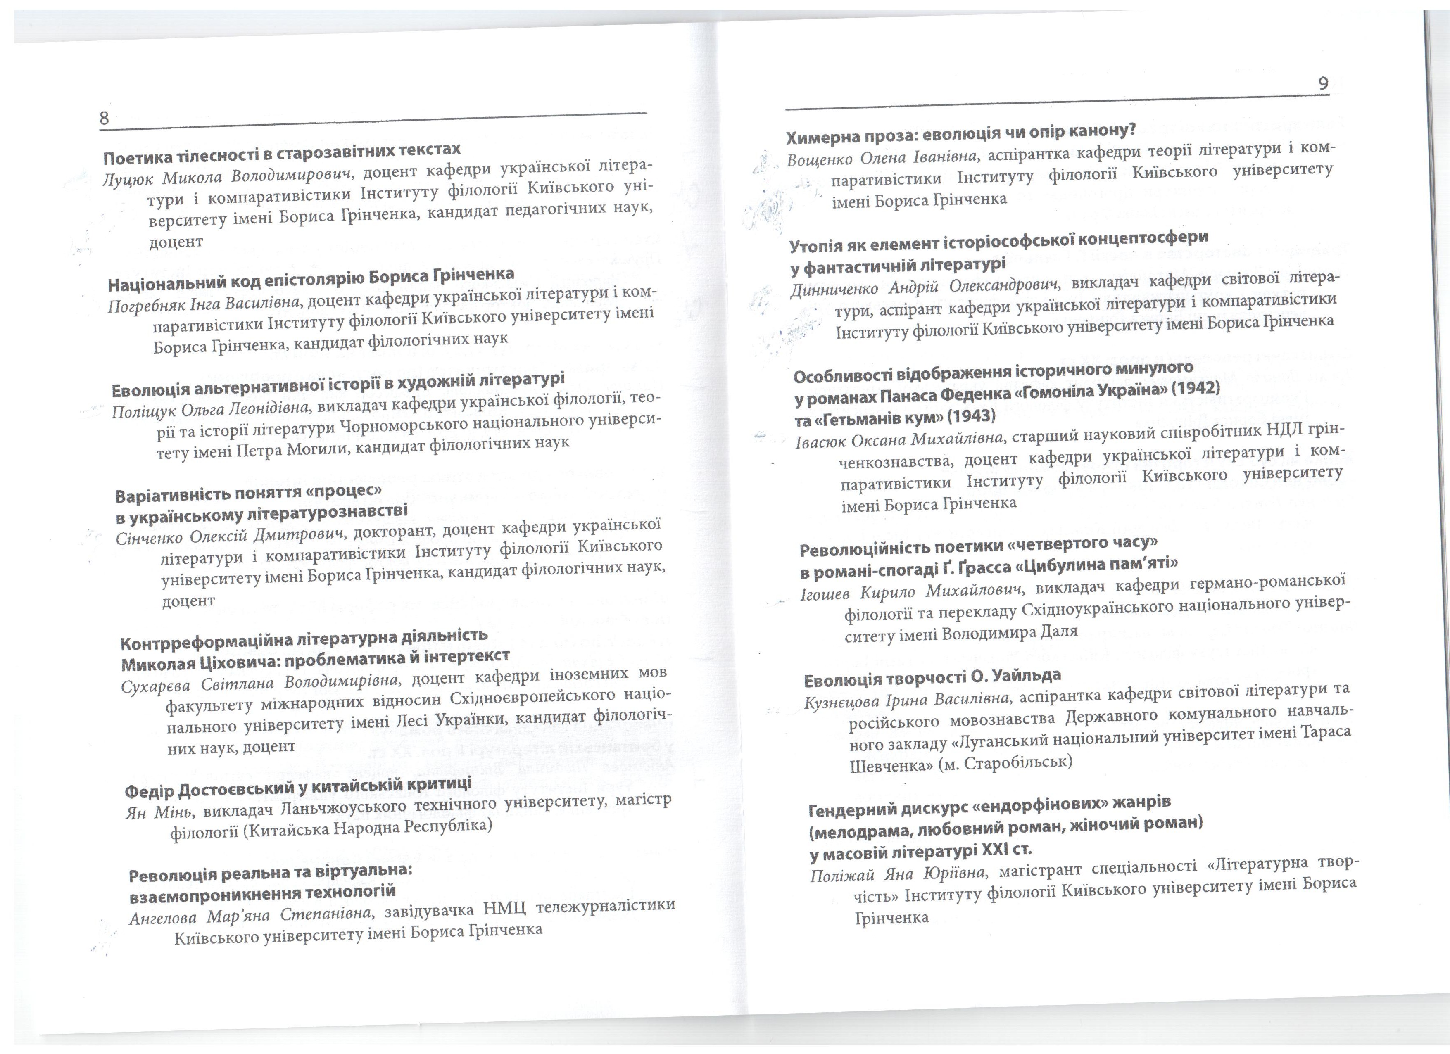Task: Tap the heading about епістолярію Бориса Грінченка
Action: [x=311, y=279]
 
